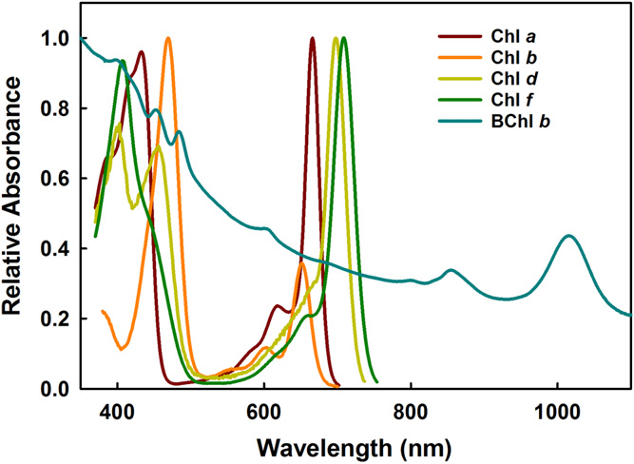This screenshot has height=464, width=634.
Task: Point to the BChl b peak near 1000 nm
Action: point(568,236)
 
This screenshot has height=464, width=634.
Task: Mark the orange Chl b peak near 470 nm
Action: point(168,39)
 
